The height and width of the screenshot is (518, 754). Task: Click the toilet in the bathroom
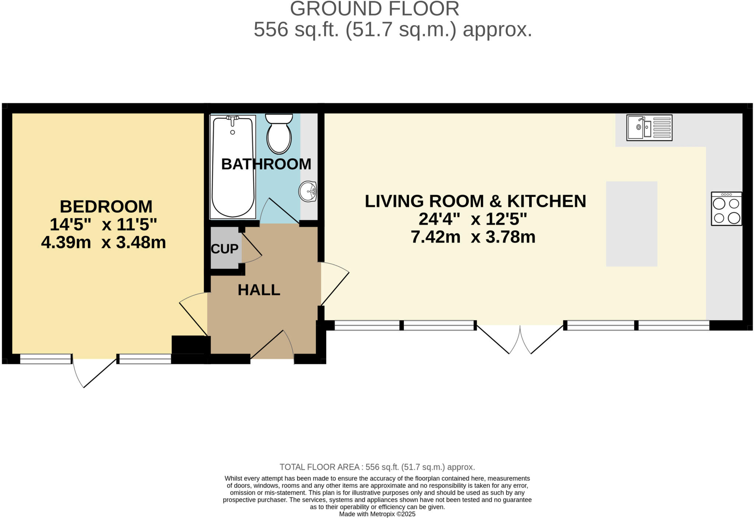pyautogui.click(x=279, y=134)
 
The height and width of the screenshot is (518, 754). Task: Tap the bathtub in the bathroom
pyautogui.click(x=233, y=168)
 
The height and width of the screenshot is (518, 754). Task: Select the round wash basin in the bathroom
pyautogui.click(x=308, y=191)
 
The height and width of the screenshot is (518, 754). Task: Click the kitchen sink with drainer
pyautogui.click(x=649, y=127)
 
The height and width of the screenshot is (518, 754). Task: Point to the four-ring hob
pyautogui.click(x=726, y=209)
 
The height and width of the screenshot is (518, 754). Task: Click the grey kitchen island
pyautogui.click(x=631, y=223)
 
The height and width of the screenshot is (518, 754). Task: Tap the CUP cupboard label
pyautogui.click(x=225, y=249)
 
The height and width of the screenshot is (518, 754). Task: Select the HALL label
pyautogui.click(x=259, y=290)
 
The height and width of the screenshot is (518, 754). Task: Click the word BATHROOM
pyautogui.click(x=266, y=164)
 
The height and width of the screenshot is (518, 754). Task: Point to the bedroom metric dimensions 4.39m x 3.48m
pyautogui.click(x=103, y=243)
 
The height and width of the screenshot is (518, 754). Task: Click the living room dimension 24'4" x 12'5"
pyautogui.click(x=473, y=219)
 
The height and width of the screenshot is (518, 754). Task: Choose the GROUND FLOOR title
pyautogui.click(x=374, y=9)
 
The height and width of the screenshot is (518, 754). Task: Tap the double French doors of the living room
pyautogui.click(x=520, y=339)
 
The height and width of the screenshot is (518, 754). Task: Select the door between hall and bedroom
pyautogui.click(x=193, y=313)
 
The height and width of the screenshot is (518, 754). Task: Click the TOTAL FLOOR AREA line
pyautogui.click(x=377, y=467)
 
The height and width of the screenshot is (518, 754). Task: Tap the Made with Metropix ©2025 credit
pyautogui.click(x=377, y=514)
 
